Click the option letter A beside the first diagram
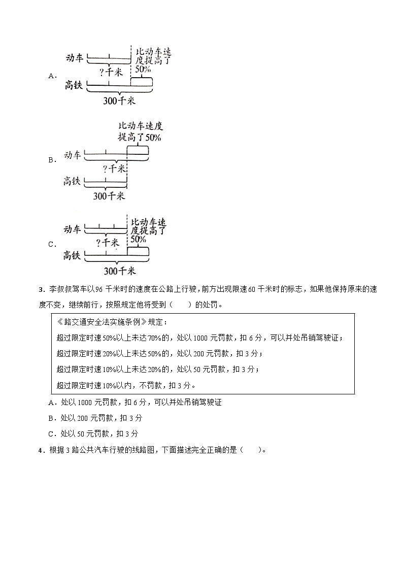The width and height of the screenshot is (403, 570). pyautogui.click(x=51, y=76)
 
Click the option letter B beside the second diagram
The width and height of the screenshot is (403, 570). pyautogui.click(x=51, y=160)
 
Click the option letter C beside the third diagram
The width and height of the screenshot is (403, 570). pyautogui.click(x=51, y=244)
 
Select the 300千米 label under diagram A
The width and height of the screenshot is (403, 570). pyautogui.click(x=119, y=100)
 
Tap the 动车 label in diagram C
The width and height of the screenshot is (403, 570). pyautogui.click(x=73, y=229)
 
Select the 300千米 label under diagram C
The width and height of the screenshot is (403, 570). pyautogui.click(x=119, y=271)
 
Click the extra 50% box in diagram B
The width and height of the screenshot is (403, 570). pyautogui.click(x=138, y=150)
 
